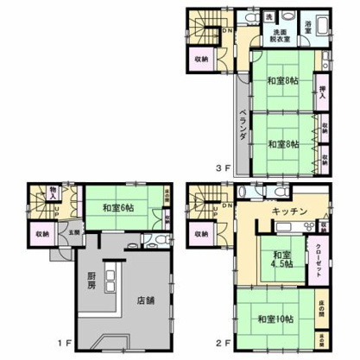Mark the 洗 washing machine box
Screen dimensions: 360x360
(268, 16)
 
